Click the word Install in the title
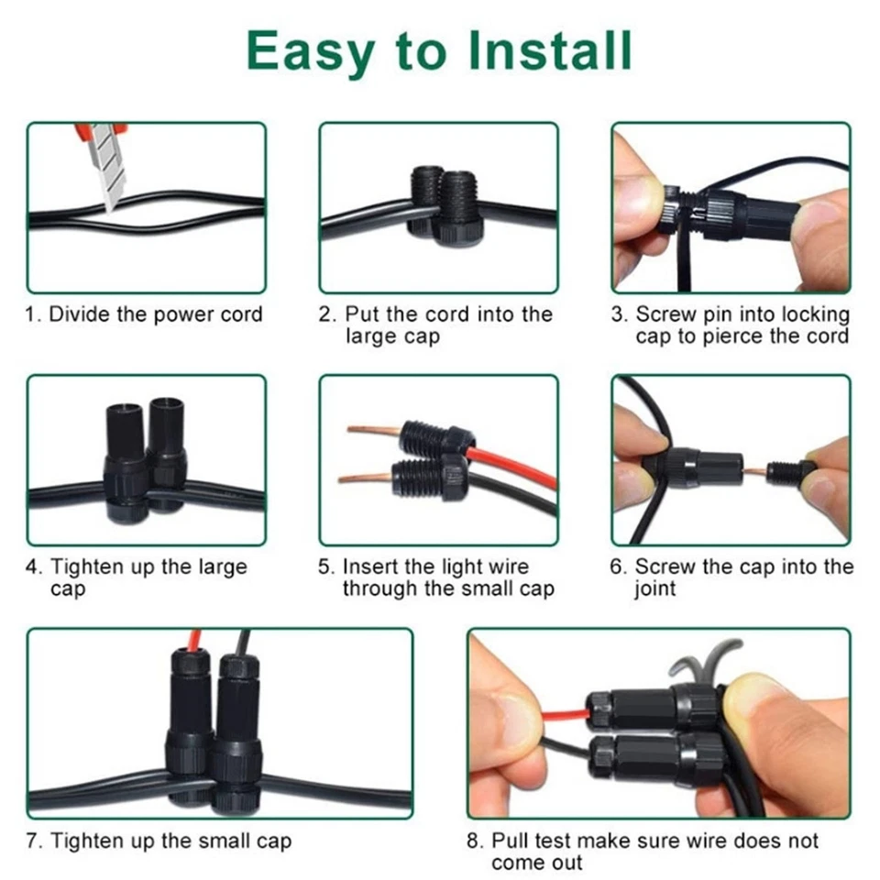[x=549, y=50]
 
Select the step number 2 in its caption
[x=325, y=314]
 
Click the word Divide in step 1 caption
[x=79, y=313]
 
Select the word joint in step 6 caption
[x=654, y=589]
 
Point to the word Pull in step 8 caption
[x=511, y=841]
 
